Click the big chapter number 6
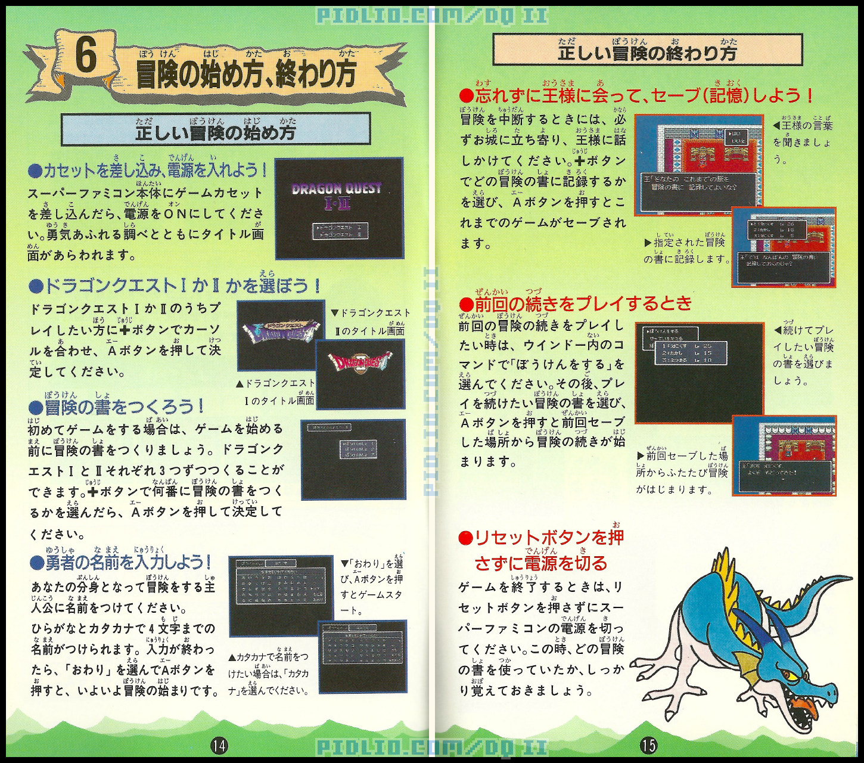pos(86,57)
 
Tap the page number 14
pos(219,745)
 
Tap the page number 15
pos(648,745)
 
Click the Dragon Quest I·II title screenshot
pos(338,208)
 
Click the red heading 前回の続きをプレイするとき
pos(576,303)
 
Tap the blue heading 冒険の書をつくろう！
pos(117,407)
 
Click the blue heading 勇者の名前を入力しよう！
pos(121,562)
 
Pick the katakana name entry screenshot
pos(363,656)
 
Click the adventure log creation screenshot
pos(353,459)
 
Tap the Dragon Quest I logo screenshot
pos(279,335)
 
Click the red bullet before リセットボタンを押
pos(465,538)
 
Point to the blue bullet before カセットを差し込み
pos(35,171)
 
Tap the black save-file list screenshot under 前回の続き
pos(698,373)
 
